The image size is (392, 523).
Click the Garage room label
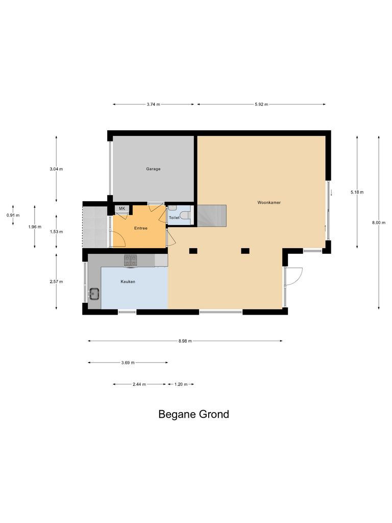pyautogui.click(x=153, y=169)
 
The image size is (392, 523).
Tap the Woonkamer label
pyautogui.click(x=269, y=202)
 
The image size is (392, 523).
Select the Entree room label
pyautogui.click(x=140, y=228)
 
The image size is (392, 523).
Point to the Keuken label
pyautogui.click(x=128, y=281)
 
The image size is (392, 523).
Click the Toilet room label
pyautogui.click(x=174, y=218)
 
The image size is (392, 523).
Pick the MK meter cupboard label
pyautogui.click(x=122, y=208)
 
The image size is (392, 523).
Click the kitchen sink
pyautogui.click(x=94, y=293)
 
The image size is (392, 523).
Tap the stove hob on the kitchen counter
pyautogui.click(x=131, y=260)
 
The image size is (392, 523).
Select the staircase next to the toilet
pyautogui.click(x=211, y=215)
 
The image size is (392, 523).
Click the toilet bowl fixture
pyautogui.click(x=185, y=216)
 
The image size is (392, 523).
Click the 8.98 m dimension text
pyautogui.click(x=185, y=341)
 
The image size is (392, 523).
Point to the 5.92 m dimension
pyautogui.click(x=261, y=104)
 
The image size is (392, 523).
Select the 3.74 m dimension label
pyautogui.click(x=153, y=104)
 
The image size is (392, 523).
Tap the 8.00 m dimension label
pyautogui.click(x=378, y=222)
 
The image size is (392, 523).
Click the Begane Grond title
pyautogui.click(x=193, y=414)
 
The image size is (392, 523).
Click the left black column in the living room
pyautogui.click(x=193, y=251)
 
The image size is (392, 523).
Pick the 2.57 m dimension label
pyautogui.click(x=56, y=281)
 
